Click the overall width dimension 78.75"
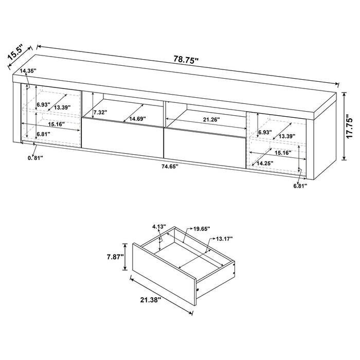pos(186,60)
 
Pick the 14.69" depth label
pos(137,119)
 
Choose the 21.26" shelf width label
pos(211,120)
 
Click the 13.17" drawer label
pos(224,239)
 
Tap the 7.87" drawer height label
pos(114,257)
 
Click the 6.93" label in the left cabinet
pos(43,104)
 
